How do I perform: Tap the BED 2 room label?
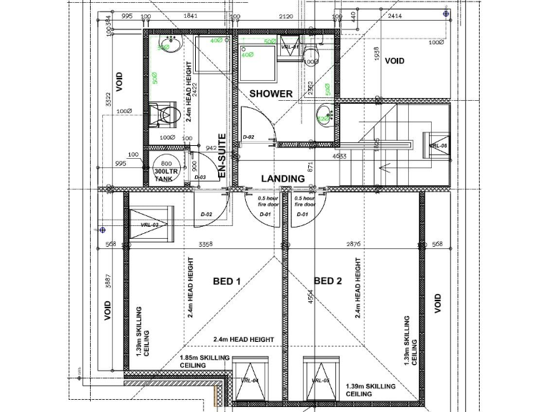click(327, 281)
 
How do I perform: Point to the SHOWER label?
click(270, 94)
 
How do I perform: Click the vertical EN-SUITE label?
click(222, 156)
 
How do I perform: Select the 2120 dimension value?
click(286, 16)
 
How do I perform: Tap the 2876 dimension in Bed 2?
click(354, 245)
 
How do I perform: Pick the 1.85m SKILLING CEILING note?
click(204, 361)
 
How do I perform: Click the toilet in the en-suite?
click(162, 114)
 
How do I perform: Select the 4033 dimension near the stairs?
click(340, 155)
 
